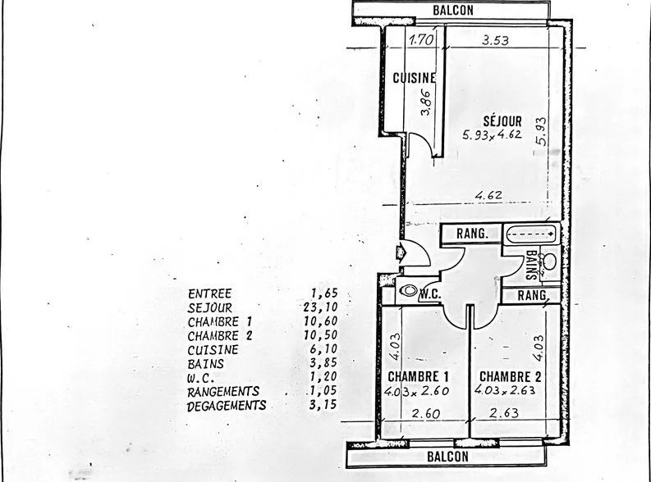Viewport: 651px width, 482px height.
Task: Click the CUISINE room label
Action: pyautogui.click(x=415, y=78)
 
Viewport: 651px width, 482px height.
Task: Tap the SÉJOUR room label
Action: pyautogui.click(x=502, y=121)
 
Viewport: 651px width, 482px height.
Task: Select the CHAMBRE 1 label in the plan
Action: pyautogui.click(x=418, y=377)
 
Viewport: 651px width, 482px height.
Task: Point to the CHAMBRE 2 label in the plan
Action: pyautogui.click(x=511, y=377)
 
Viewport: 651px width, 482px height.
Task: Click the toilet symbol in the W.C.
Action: pyautogui.click(x=408, y=290)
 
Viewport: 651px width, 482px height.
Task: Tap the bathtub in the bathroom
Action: pyautogui.click(x=531, y=234)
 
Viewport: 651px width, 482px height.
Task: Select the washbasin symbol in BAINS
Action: pyautogui.click(x=549, y=261)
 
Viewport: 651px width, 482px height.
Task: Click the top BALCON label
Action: pyautogui.click(x=453, y=10)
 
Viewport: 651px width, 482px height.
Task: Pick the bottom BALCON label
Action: pyautogui.click(x=447, y=457)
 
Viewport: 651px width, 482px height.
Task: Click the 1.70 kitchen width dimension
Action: pyautogui.click(x=421, y=40)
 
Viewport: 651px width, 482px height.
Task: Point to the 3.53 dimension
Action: pyautogui.click(x=495, y=40)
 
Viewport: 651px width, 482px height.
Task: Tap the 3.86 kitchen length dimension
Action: pyautogui.click(x=425, y=102)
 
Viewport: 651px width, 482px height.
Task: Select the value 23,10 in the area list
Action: pyautogui.click(x=320, y=307)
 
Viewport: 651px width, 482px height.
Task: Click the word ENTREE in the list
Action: pyautogui.click(x=209, y=293)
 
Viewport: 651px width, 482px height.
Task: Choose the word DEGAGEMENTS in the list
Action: pyautogui.click(x=227, y=406)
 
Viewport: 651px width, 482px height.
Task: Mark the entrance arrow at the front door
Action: pyautogui.click(x=401, y=252)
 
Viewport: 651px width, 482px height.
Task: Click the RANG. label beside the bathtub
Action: pyautogui.click(x=472, y=234)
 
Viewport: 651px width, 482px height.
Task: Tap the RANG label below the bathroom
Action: pyautogui.click(x=531, y=295)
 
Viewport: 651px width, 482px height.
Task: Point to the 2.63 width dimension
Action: pyautogui.click(x=503, y=413)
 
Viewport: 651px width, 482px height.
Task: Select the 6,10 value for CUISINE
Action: pyautogui.click(x=323, y=349)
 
